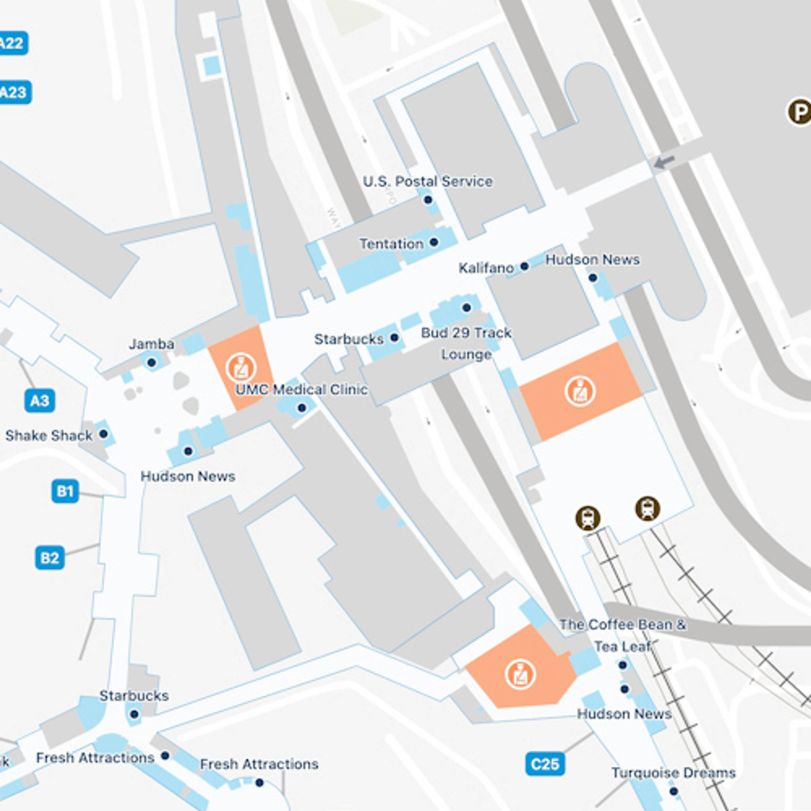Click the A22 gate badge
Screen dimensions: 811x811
[13, 43]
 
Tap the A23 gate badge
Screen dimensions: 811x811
[14, 92]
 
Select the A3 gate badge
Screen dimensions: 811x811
[40, 400]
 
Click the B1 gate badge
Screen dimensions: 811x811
[65, 491]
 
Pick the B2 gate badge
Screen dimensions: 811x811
[49, 558]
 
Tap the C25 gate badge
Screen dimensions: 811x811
[544, 763]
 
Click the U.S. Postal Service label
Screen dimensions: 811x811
[427, 181]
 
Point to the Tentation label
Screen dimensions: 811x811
[391, 244]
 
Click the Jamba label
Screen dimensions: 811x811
[151, 344]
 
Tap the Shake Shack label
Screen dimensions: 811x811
[49, 435]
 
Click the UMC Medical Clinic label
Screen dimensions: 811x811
[301, 389]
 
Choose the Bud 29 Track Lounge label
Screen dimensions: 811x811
[466, 343]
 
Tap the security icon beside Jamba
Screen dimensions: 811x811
[241, 368]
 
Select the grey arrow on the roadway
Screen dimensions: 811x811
[664, 162]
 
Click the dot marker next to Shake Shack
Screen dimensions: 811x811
[103, 434]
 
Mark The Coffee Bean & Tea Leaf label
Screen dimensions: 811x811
[623, 636]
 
